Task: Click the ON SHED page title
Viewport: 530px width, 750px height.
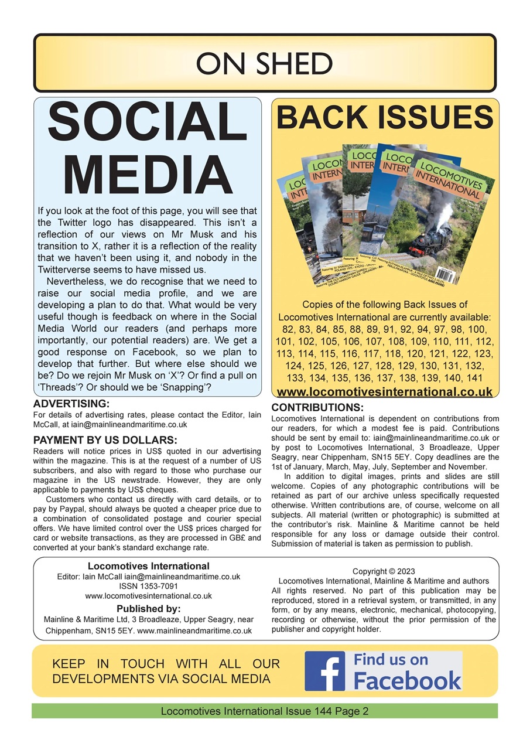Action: coord(265,63)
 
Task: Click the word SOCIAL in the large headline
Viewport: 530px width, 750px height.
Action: coord(148,127)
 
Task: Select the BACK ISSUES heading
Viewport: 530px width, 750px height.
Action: coord(385,117)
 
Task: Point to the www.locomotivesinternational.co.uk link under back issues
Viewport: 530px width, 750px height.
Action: coord(384,392)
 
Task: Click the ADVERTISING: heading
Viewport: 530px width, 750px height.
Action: coord(71,404)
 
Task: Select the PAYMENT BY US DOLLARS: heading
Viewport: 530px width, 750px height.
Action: coord(105,440)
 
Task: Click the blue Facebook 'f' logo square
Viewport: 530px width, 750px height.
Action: coord(325,671)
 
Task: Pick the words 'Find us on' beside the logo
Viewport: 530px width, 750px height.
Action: coord(391,660)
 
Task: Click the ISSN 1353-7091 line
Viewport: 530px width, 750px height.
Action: coord(148,587)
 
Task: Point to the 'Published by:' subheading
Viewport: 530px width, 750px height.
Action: coord(148,608)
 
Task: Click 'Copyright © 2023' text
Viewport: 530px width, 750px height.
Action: coord(384,571)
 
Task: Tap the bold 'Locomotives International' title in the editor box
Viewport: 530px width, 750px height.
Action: coord(148,566)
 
